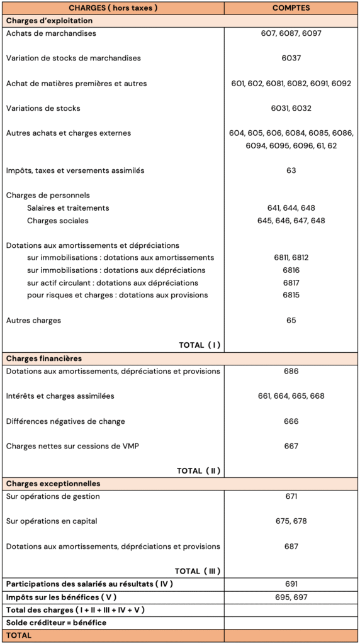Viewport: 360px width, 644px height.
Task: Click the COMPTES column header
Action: click(x=291, y=8)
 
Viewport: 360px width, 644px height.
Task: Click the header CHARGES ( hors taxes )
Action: click(x=113, y=8)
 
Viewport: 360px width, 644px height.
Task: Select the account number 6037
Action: click(x=291, y=58)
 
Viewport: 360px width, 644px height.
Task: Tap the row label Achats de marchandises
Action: click(x=51, y=33)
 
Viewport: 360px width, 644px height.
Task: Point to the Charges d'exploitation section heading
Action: click(x=49, y=21)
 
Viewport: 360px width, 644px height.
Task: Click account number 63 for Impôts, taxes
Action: click(x=291, y=170)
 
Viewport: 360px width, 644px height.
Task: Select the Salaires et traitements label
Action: click(x=68, y=208)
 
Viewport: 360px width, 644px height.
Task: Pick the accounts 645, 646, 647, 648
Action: click(x=291, y=221)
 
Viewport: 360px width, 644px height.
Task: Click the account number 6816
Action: click(x=291, y=270)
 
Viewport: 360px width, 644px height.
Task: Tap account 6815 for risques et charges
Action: click(x=291, y=295)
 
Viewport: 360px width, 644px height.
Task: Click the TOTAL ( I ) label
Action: click(x=200, y=345)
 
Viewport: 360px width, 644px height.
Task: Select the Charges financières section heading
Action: click(x=44, y=358)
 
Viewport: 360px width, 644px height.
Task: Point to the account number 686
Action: click(x=291, y=371)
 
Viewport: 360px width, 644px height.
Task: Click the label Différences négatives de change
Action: click(x=65, y=421)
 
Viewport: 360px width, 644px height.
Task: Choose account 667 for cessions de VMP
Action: click(x=291, y=446)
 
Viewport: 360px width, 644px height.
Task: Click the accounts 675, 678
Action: click(x=291, y=521)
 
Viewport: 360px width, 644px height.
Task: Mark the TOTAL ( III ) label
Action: click(x=197, y=571)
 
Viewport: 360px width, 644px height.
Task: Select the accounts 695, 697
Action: click(x=291, y=597)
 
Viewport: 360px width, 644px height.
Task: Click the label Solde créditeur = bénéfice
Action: click(x=56, y=623)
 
